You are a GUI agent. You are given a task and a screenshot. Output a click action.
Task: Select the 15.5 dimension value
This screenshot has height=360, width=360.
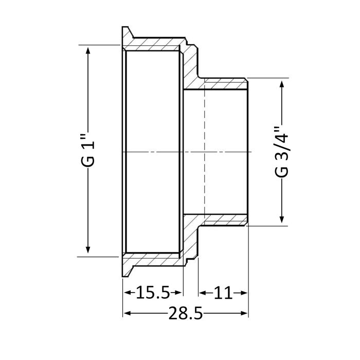click(153, 293)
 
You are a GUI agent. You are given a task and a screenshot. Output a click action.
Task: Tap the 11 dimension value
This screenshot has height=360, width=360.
click(223, 293)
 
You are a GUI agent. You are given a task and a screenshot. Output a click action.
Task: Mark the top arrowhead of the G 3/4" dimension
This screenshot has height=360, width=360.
click(282, 83)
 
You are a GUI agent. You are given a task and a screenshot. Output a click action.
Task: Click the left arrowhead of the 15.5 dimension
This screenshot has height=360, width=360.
click(127, 293)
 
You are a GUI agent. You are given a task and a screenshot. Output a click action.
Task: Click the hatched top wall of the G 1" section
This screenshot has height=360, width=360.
click(154, 43)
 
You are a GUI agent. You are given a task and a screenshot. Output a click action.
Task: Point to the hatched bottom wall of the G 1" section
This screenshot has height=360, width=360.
click(154, 259)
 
